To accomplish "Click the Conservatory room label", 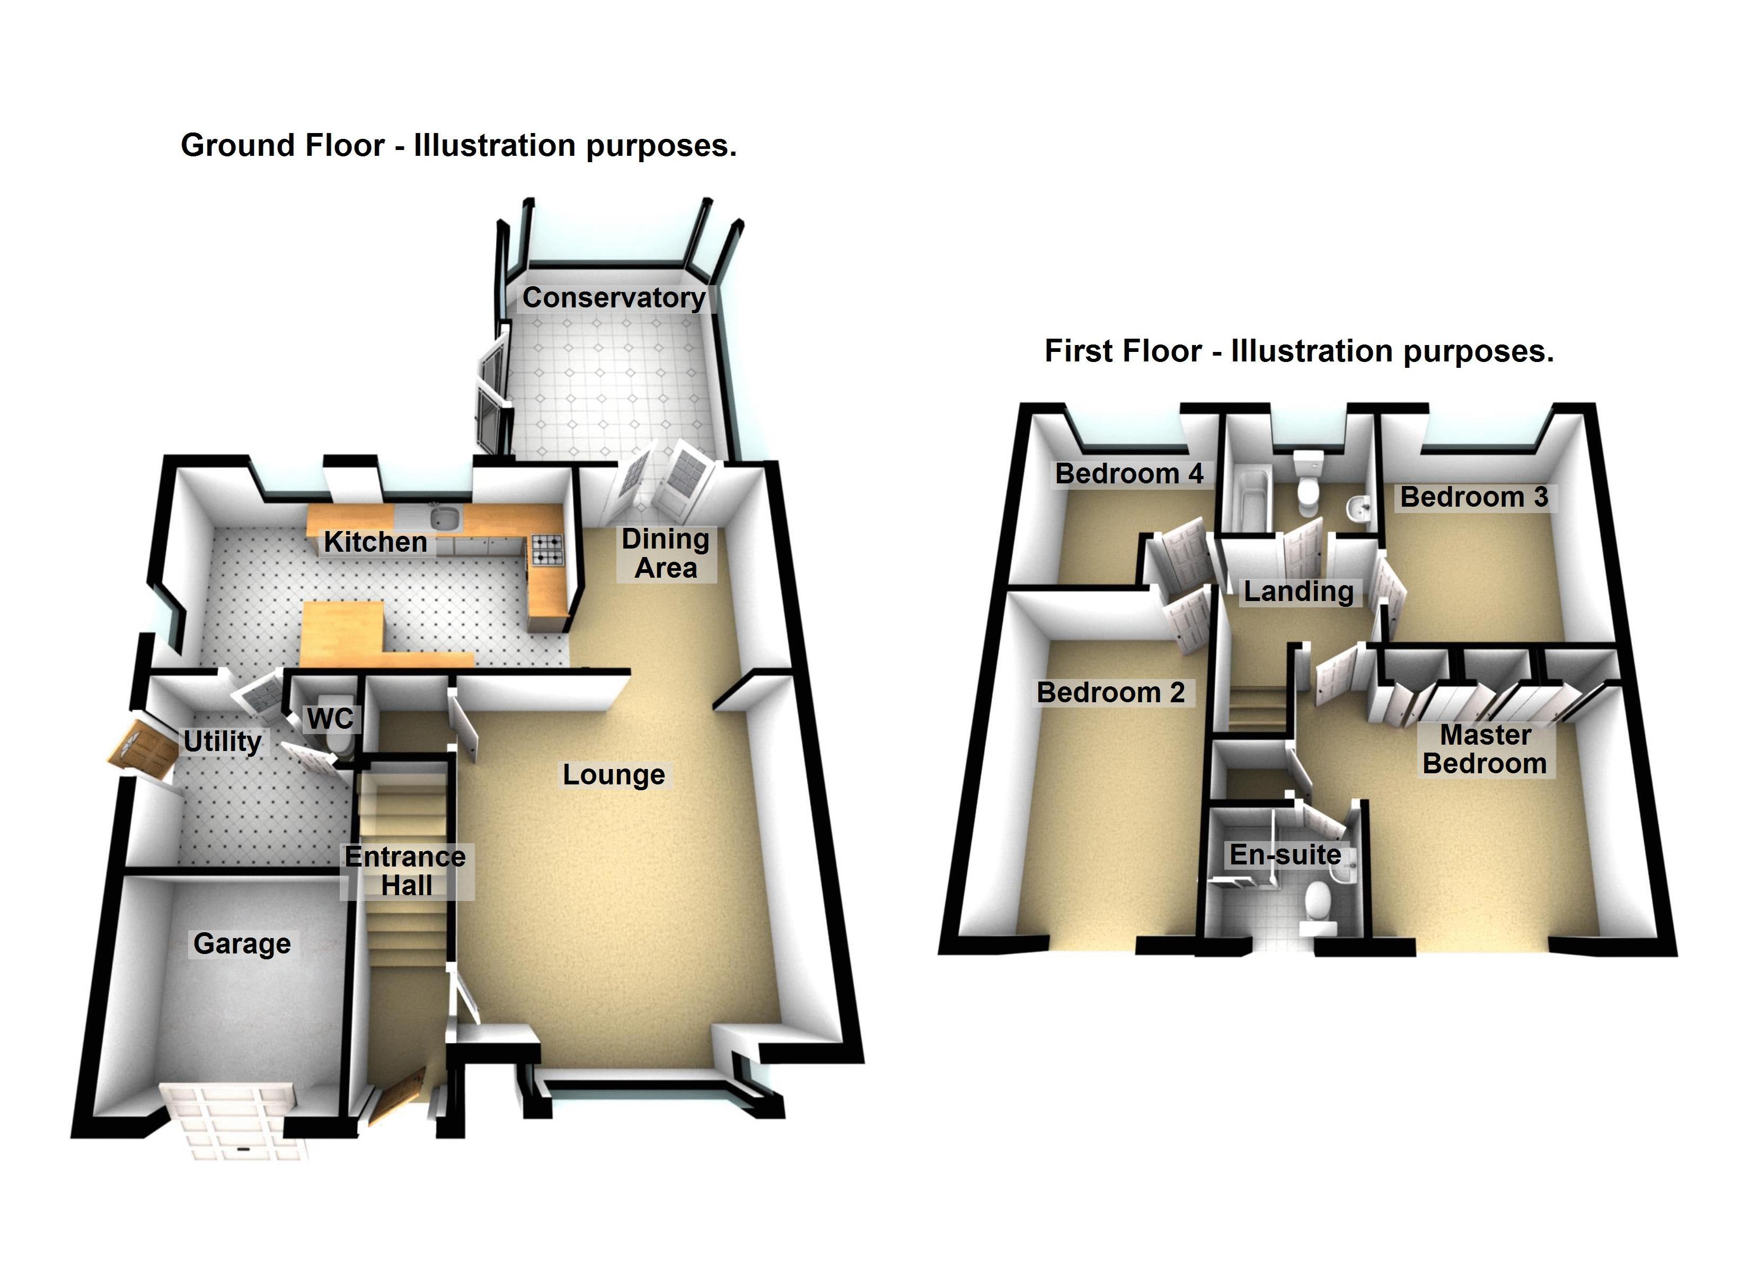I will point(614,298).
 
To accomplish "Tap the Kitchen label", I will point(376,542).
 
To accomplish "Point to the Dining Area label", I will point(666,554).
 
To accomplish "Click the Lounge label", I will point(614,774).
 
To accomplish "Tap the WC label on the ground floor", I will point(330,719).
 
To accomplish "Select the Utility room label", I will point(223,741).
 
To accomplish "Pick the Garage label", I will point(242,943).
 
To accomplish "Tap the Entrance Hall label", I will point(405,871).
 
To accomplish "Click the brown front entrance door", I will point(397,1099).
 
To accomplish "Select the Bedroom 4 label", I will point(1129,474).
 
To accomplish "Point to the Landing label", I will point(1298,591).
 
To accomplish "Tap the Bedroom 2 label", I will point(1110,693).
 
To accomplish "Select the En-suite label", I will point(1285,855).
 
